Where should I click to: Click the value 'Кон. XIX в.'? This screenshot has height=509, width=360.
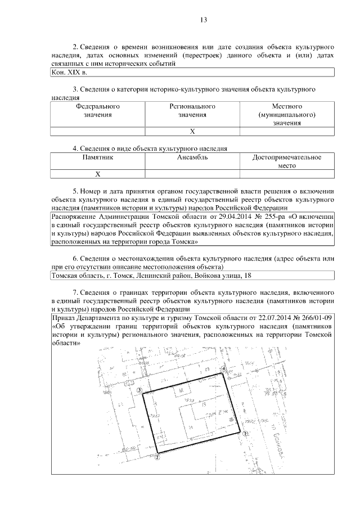(x=69, y=73)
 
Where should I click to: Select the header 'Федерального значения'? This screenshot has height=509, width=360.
(x=98, y=111)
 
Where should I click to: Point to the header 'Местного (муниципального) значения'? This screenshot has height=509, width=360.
(x=287, y=115)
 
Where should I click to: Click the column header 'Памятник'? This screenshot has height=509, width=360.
(x=98, y=158)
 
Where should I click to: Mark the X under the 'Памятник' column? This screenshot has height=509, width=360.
(x=98, y=174)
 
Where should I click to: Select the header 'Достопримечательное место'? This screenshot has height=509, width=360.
(x=287, y=162)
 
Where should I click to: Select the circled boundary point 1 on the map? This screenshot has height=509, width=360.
(x=246, y=434)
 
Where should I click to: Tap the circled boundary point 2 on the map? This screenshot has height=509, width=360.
(x=157, y=458)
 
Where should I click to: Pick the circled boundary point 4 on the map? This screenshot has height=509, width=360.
(x=224, y=368)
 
